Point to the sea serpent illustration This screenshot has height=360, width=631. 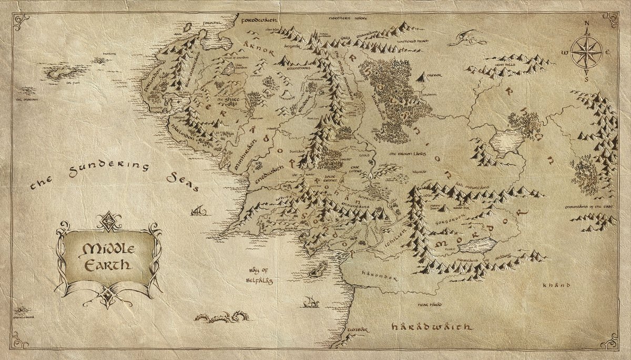[x=221, y=316]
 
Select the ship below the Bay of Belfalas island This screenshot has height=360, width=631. [x=310, y=302]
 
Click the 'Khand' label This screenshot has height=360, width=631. [x=556, y=286]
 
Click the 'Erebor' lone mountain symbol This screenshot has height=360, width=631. [x=422, y=77]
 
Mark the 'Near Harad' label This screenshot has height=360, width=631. [x=429, y=304]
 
